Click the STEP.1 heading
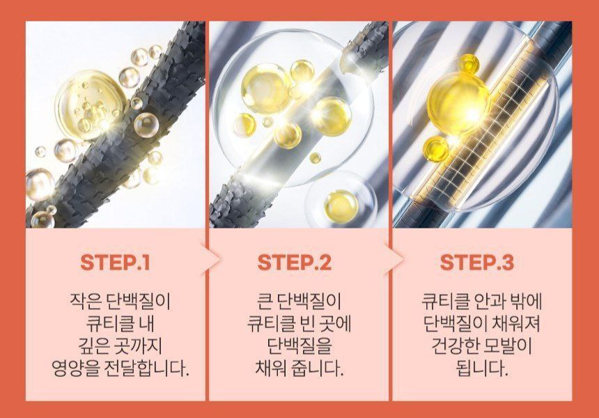coord(115,263)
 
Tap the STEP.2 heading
coord(295,263)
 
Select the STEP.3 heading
coord(477,263)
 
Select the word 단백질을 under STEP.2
coord(299,346)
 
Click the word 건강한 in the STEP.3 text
coord(455,346)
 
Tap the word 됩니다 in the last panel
coord(482,369)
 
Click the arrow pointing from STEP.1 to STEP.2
coord(210,261)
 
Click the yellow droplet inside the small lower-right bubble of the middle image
coord(341,206)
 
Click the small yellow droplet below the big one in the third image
coord(436,148)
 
